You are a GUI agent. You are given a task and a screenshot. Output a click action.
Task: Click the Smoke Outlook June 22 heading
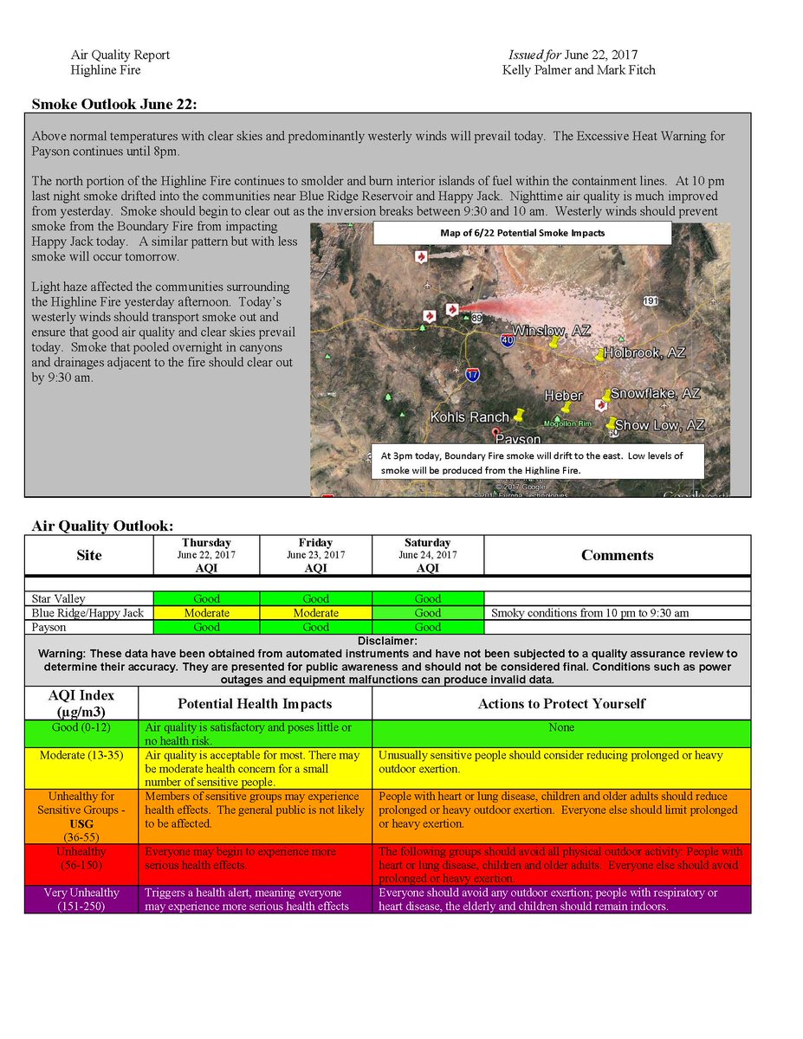(114, 104)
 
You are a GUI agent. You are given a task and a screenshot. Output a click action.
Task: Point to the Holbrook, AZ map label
(645, 353)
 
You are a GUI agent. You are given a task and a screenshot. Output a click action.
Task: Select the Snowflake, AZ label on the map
(655, 394)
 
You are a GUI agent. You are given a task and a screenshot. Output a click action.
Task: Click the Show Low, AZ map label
(660, 425)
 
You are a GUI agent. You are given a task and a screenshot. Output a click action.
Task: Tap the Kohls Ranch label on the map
(469, 417)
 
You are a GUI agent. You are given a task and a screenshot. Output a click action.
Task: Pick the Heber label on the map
(563, 396)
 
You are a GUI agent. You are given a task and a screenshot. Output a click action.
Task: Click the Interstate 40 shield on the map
(507, 340)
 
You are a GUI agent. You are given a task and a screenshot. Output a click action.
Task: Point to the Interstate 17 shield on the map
(472, 375)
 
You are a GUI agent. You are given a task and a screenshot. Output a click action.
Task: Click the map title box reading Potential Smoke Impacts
(522, 233)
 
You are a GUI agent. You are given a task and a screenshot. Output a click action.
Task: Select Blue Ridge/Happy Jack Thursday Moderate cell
(206, 613)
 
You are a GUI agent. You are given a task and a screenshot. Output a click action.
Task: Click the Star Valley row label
(58, 599)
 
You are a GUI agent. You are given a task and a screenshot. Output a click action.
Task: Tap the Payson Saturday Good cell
(427, 627)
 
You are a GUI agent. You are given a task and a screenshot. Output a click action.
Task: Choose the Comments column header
(617, 556)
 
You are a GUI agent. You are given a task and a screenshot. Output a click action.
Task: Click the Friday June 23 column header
(315, 555)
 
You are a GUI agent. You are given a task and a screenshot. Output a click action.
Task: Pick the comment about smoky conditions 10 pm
(590, 613)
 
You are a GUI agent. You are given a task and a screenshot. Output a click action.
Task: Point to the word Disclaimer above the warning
(386, 641)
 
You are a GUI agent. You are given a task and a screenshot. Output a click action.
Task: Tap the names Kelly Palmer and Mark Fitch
(579, 70)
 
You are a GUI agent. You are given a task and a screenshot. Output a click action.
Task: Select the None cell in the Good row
(560, 728)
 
